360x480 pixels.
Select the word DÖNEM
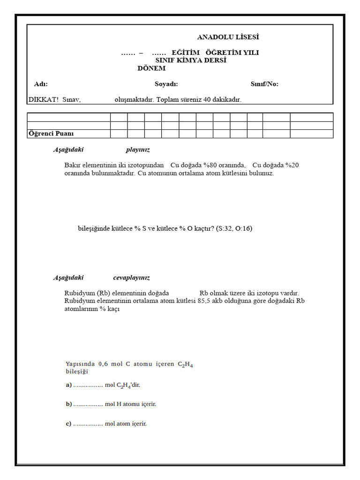tap(151, 68)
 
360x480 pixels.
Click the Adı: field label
tap(41, 84)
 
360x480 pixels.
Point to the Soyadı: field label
tap(166, 84)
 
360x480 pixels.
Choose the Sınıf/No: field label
tap(264, 84)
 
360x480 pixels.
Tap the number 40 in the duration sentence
tap(208, 100)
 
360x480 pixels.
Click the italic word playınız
tap(137, 150)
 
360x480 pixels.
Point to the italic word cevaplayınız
tap(131, 278)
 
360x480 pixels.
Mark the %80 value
tap(210, 165)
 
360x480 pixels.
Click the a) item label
tap(68, 385)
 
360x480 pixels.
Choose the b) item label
tap(68, 404)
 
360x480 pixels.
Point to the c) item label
tap(68, 424)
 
